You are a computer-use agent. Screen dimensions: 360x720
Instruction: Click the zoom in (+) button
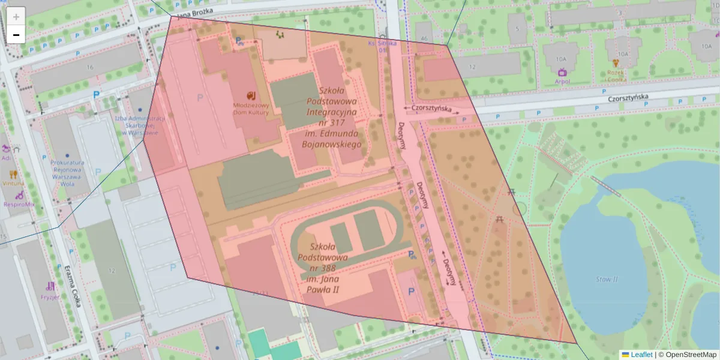click(x=16, y=17)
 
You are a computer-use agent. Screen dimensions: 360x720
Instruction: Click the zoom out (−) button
click(x=16, y=35)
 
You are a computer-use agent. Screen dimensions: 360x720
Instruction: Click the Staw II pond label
click(x=607, y=280)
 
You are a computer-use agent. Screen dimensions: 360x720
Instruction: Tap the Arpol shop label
click(x=562, y=81)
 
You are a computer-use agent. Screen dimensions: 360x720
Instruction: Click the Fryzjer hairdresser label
click(x=50, y=296)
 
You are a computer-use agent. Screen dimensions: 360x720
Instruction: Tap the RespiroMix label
click(x=20, y=204)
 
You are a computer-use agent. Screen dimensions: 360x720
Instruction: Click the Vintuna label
click(x=13, y=182)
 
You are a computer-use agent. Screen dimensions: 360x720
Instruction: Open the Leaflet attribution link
click(x=641, y=355)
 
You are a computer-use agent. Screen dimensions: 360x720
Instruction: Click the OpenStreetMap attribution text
click(x=690, y=355)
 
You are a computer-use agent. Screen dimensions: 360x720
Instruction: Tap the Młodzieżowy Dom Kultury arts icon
click(x=251, y=95)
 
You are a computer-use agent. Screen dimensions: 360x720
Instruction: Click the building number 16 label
click(x=90, y=67)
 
